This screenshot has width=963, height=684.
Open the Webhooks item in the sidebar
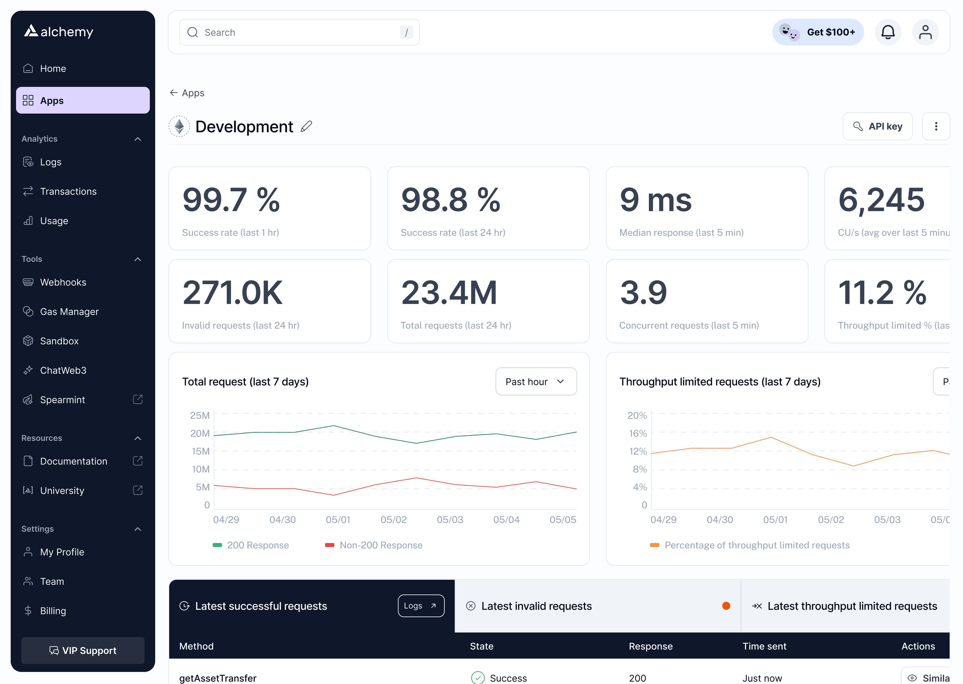point(63,282)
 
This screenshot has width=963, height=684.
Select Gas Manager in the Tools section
point(69,312)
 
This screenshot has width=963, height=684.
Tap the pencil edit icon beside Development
point(306,126)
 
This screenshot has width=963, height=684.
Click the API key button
point(877,126)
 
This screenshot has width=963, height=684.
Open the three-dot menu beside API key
point(936,126)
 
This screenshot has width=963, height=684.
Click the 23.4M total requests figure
point(449,293)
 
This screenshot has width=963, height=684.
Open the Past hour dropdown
point(535,382)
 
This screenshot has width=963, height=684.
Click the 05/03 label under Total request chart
point(450,520)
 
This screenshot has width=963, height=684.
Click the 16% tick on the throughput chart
point(637,433)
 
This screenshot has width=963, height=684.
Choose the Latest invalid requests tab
point(536,606)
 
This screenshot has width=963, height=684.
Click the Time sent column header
point(764,646)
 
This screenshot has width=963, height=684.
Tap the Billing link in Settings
point(53,611)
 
